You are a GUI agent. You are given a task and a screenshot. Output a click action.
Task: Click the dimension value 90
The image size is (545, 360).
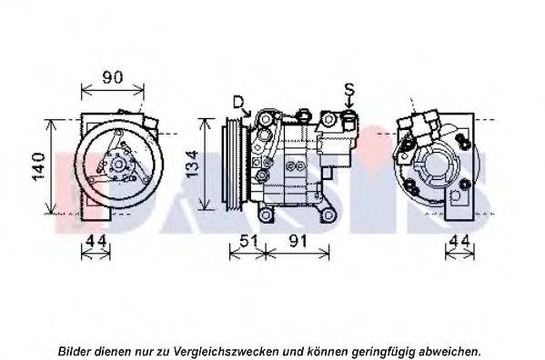point(113,77)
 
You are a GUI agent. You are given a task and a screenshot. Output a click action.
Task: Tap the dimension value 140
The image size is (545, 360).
point(39,166)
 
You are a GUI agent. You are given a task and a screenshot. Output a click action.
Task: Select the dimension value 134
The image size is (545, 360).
point(192,164)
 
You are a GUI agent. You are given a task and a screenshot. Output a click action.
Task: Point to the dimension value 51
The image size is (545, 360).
point(248,241)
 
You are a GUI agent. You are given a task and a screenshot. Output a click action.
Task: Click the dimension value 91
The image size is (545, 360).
point(298,241)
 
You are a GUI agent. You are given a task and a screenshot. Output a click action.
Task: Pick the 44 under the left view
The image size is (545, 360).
point(96,241)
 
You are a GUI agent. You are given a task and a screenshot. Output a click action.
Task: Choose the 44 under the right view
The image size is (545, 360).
point(460,241)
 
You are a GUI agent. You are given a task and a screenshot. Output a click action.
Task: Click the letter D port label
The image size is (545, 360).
point(238,103)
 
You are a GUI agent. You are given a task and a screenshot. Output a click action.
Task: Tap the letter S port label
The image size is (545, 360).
point(349,90)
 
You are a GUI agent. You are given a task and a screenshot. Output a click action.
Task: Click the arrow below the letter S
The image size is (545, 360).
point(349,103)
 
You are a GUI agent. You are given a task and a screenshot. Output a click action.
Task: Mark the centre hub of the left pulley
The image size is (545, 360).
point(118,165)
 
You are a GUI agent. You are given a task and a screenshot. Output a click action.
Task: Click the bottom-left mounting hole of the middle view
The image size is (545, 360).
point(265,215)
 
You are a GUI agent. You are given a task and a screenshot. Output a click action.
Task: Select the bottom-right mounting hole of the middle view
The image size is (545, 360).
point(328,215)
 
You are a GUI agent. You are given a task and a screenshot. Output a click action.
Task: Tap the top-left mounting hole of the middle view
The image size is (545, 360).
point(266,119)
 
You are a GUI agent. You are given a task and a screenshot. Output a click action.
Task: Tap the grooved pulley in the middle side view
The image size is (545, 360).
point(235,165)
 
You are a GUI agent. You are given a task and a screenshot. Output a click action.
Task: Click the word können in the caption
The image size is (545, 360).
point(328,351)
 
